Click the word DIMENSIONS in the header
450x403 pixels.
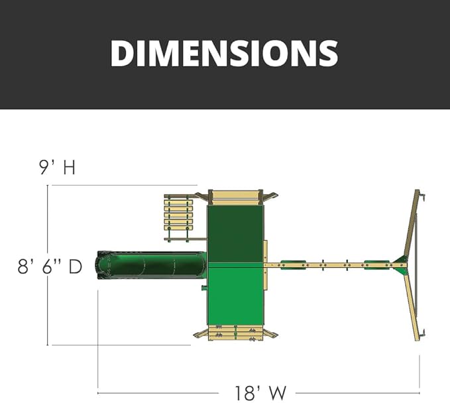[x=224, y=53]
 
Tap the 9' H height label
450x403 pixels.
[x=58, y=167]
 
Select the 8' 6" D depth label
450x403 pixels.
[x=50, y=266]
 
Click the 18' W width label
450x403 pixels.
[x=260, y=393]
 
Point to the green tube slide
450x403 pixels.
[x=151, y=264]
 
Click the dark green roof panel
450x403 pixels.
[x=235, y=233]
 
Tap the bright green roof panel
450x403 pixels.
[x=235, y=294]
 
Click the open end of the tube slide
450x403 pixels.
[x=101, y=264]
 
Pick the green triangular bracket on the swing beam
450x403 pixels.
[x=401, y=264]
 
